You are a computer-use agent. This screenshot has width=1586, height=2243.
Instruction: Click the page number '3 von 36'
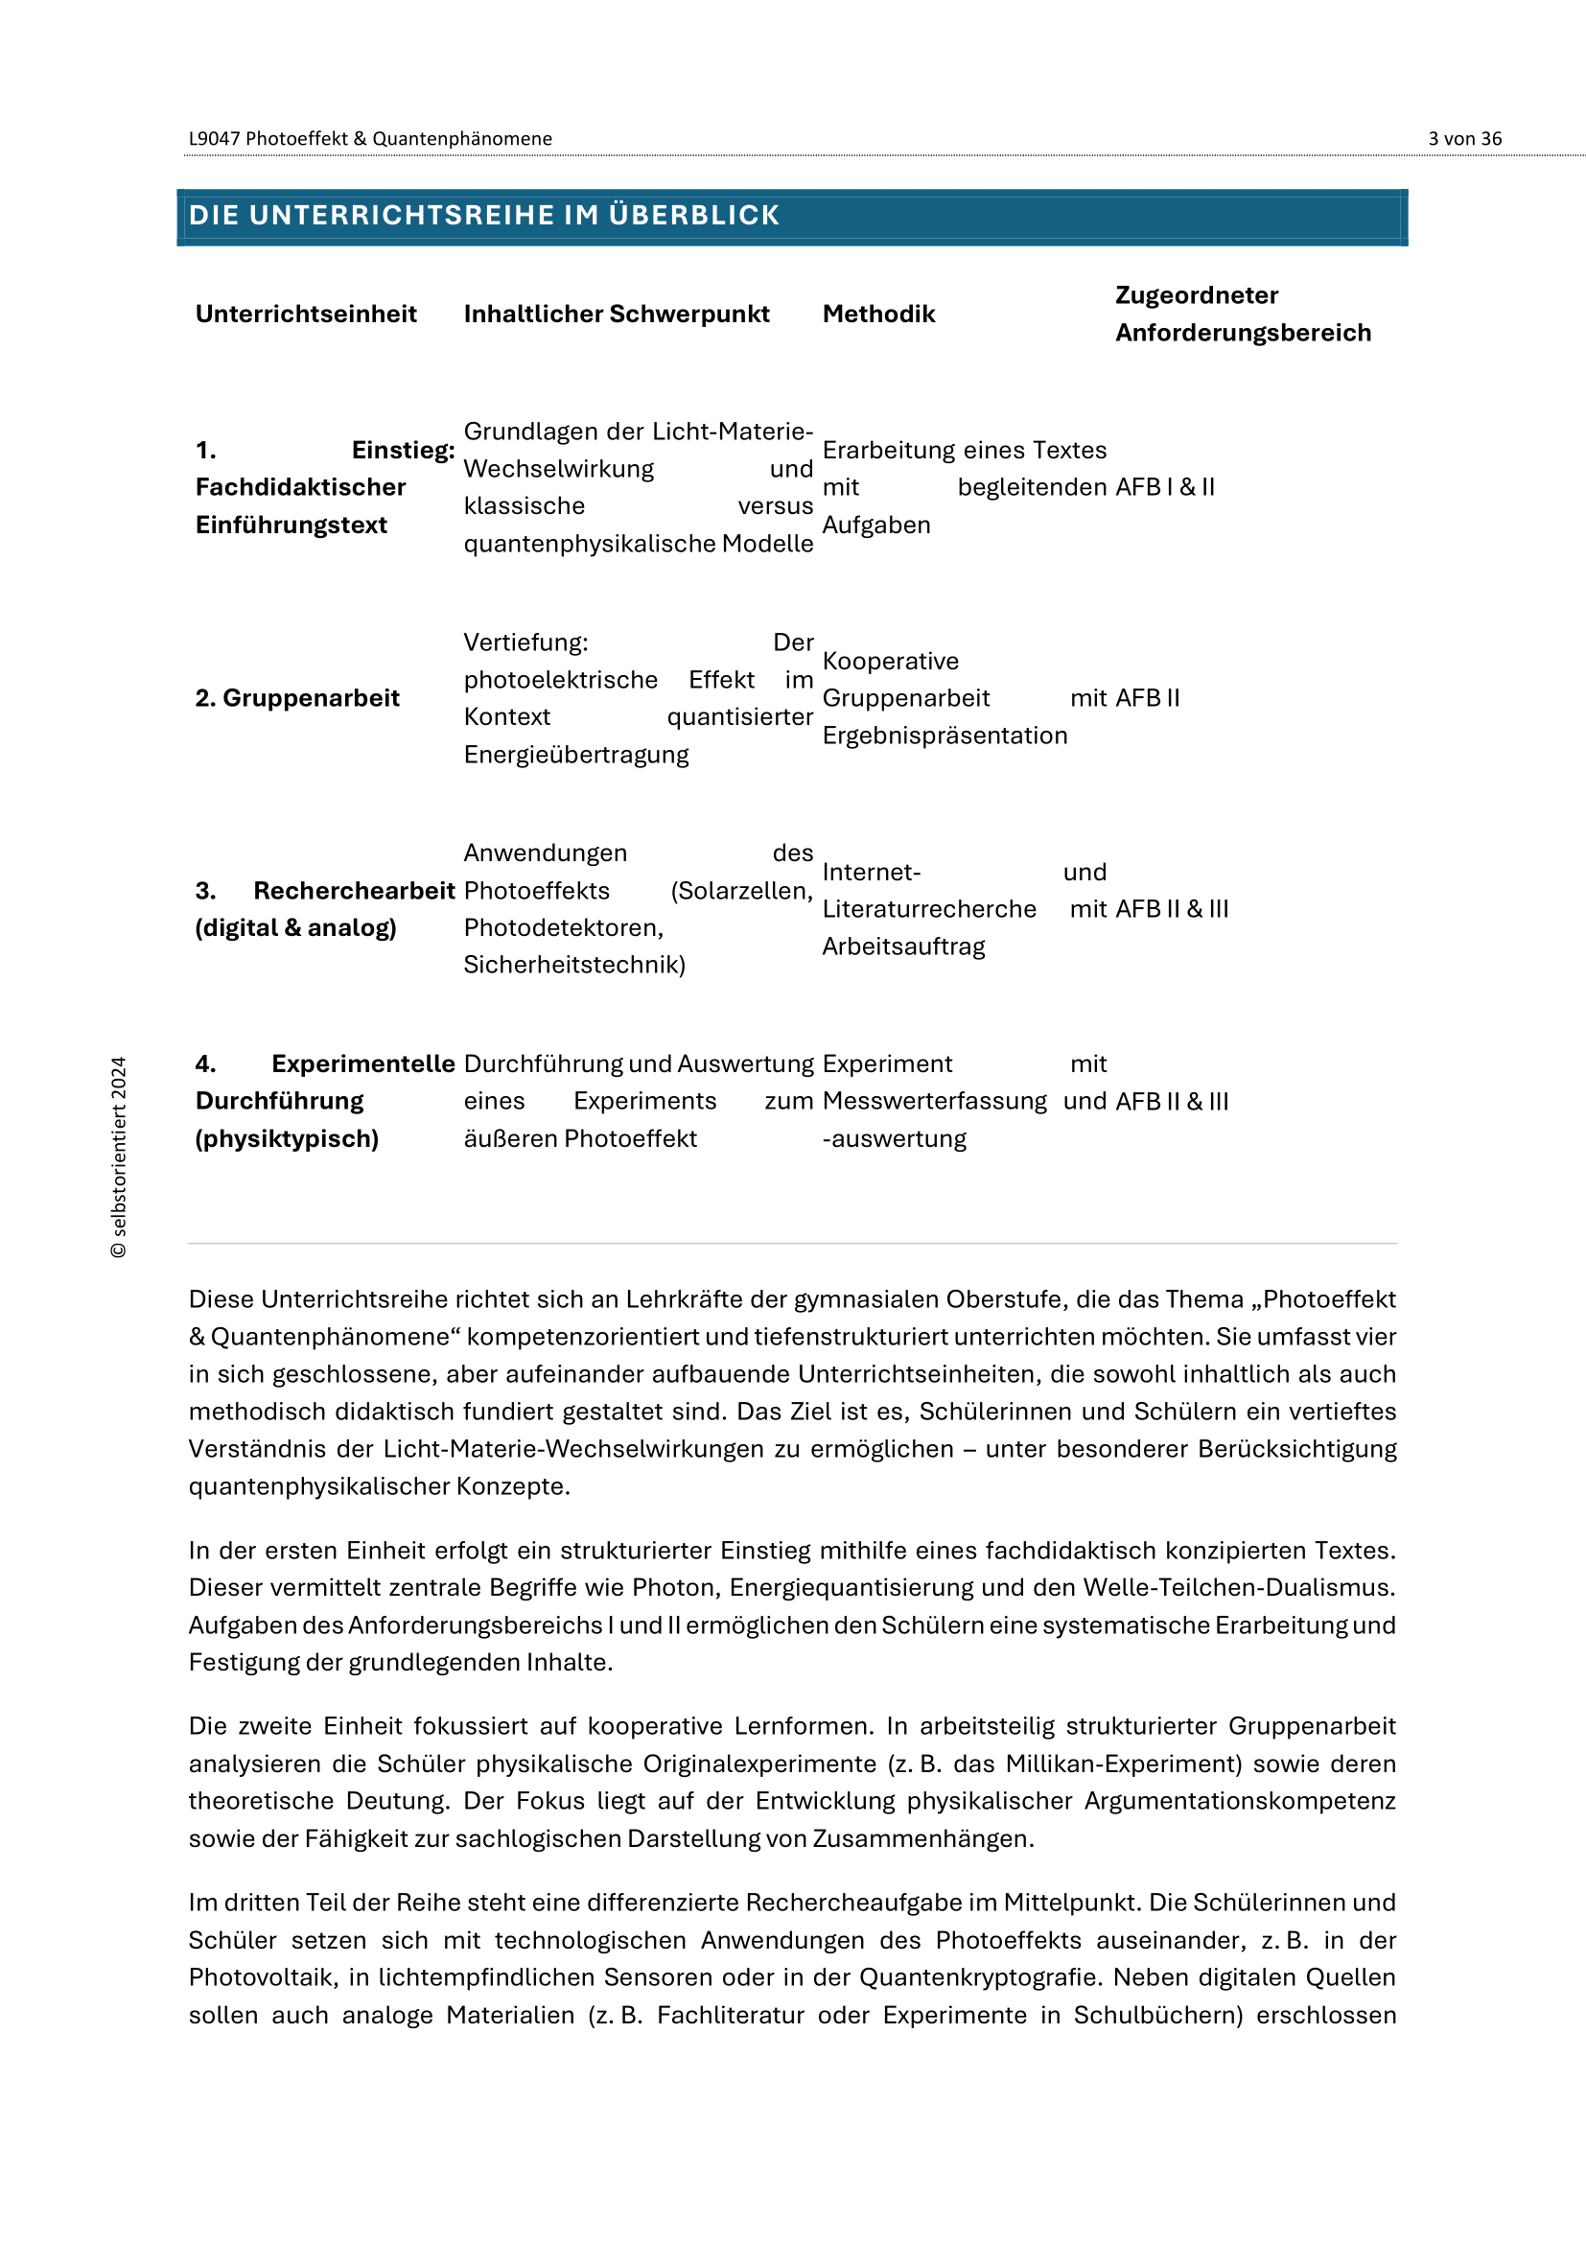tap(1464, 139)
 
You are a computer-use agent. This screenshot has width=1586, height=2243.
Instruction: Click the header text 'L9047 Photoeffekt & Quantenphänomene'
tap(370, 139)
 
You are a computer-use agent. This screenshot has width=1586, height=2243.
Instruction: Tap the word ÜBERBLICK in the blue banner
tap(693, 215)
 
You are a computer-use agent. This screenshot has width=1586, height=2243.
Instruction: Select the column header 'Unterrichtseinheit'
tap(306, 314)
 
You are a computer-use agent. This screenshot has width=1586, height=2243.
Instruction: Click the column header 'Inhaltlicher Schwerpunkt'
tap(617, 314)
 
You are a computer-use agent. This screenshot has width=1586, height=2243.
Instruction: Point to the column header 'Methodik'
tap(878, 314)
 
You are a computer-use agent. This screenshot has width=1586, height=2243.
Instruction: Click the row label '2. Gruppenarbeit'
tap(297, 697)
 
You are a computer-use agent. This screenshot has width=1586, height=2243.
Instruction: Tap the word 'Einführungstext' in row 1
tap(292, 525)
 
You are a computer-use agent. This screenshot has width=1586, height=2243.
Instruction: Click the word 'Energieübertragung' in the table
tap(576, 754)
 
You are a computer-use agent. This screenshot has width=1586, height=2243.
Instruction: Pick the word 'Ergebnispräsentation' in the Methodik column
tap(945, 736)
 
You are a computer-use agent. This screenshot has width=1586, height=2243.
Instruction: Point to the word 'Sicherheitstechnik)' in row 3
tap(574, 964)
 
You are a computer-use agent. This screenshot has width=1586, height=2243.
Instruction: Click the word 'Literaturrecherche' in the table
tap(929, 908)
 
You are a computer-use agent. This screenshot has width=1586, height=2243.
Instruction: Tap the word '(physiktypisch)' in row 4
tap(287, 1138)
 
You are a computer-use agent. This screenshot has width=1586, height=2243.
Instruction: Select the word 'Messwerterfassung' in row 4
tap(935, 1101)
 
